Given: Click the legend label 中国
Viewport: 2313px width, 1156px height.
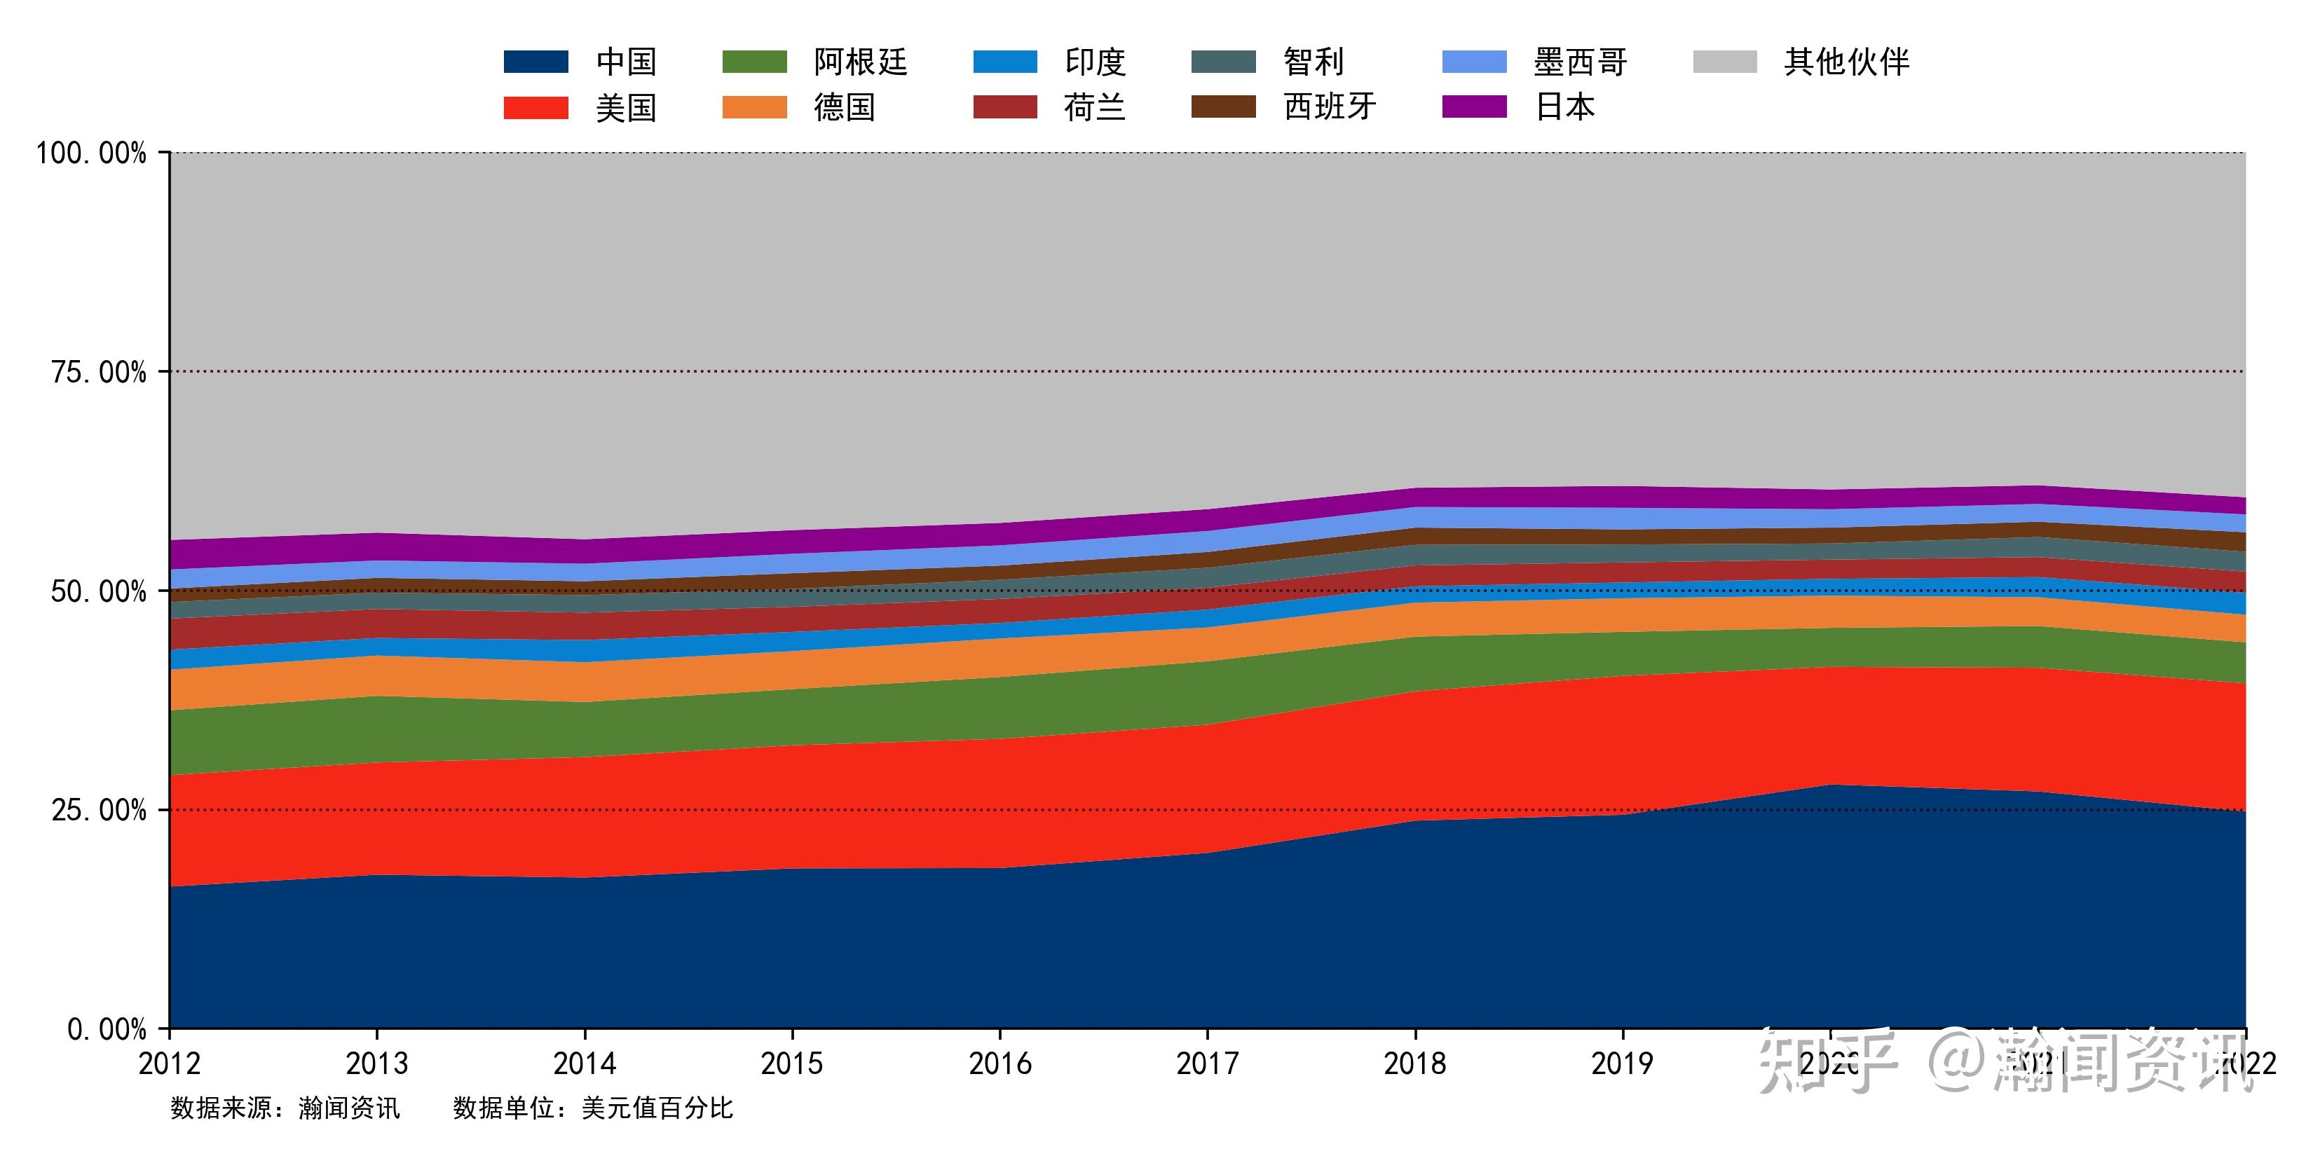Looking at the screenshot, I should pos(626,62).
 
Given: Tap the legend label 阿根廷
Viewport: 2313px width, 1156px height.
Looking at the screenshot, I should pos(860,62).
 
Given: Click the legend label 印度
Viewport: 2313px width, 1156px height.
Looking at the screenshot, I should pos(1095,62).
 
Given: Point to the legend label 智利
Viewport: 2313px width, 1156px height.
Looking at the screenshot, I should pos(1313,62).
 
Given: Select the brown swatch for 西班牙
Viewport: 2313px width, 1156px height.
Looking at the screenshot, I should pos(1223,106).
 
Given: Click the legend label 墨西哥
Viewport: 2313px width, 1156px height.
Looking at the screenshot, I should pos(1579,62).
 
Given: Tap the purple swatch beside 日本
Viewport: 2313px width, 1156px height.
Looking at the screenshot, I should pos(1474,106).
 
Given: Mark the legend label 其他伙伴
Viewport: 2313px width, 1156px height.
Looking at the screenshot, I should pos(1846,62).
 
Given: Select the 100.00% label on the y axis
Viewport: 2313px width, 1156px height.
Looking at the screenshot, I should pos(90,153).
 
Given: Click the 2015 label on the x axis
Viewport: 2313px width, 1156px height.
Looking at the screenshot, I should pos(791,1064).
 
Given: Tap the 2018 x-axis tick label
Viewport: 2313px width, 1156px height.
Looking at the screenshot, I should pos(1414,1064).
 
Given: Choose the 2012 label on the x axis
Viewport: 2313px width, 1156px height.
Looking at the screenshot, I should pos(170,1064).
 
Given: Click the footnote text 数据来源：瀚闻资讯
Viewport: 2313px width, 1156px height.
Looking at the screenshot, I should pos(285,1108).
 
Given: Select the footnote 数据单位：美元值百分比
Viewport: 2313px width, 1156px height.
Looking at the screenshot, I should pos(592,1108).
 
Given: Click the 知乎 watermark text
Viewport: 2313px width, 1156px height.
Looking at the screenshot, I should pos(1827,1061).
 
